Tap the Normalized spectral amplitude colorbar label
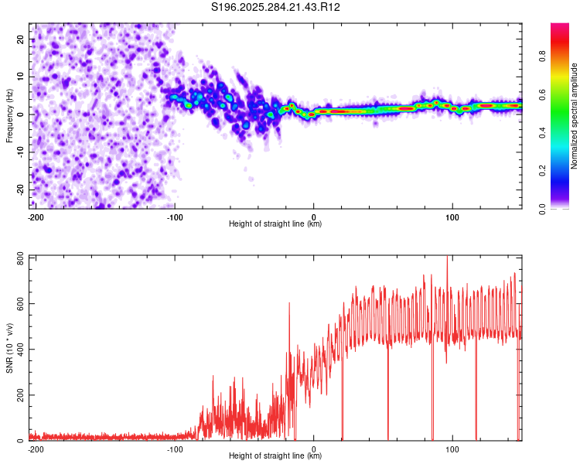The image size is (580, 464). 575,116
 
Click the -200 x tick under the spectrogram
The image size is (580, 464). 35,216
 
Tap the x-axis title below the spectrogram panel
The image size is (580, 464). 275,224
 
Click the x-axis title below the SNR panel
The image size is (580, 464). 275,456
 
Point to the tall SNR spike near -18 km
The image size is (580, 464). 289,303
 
